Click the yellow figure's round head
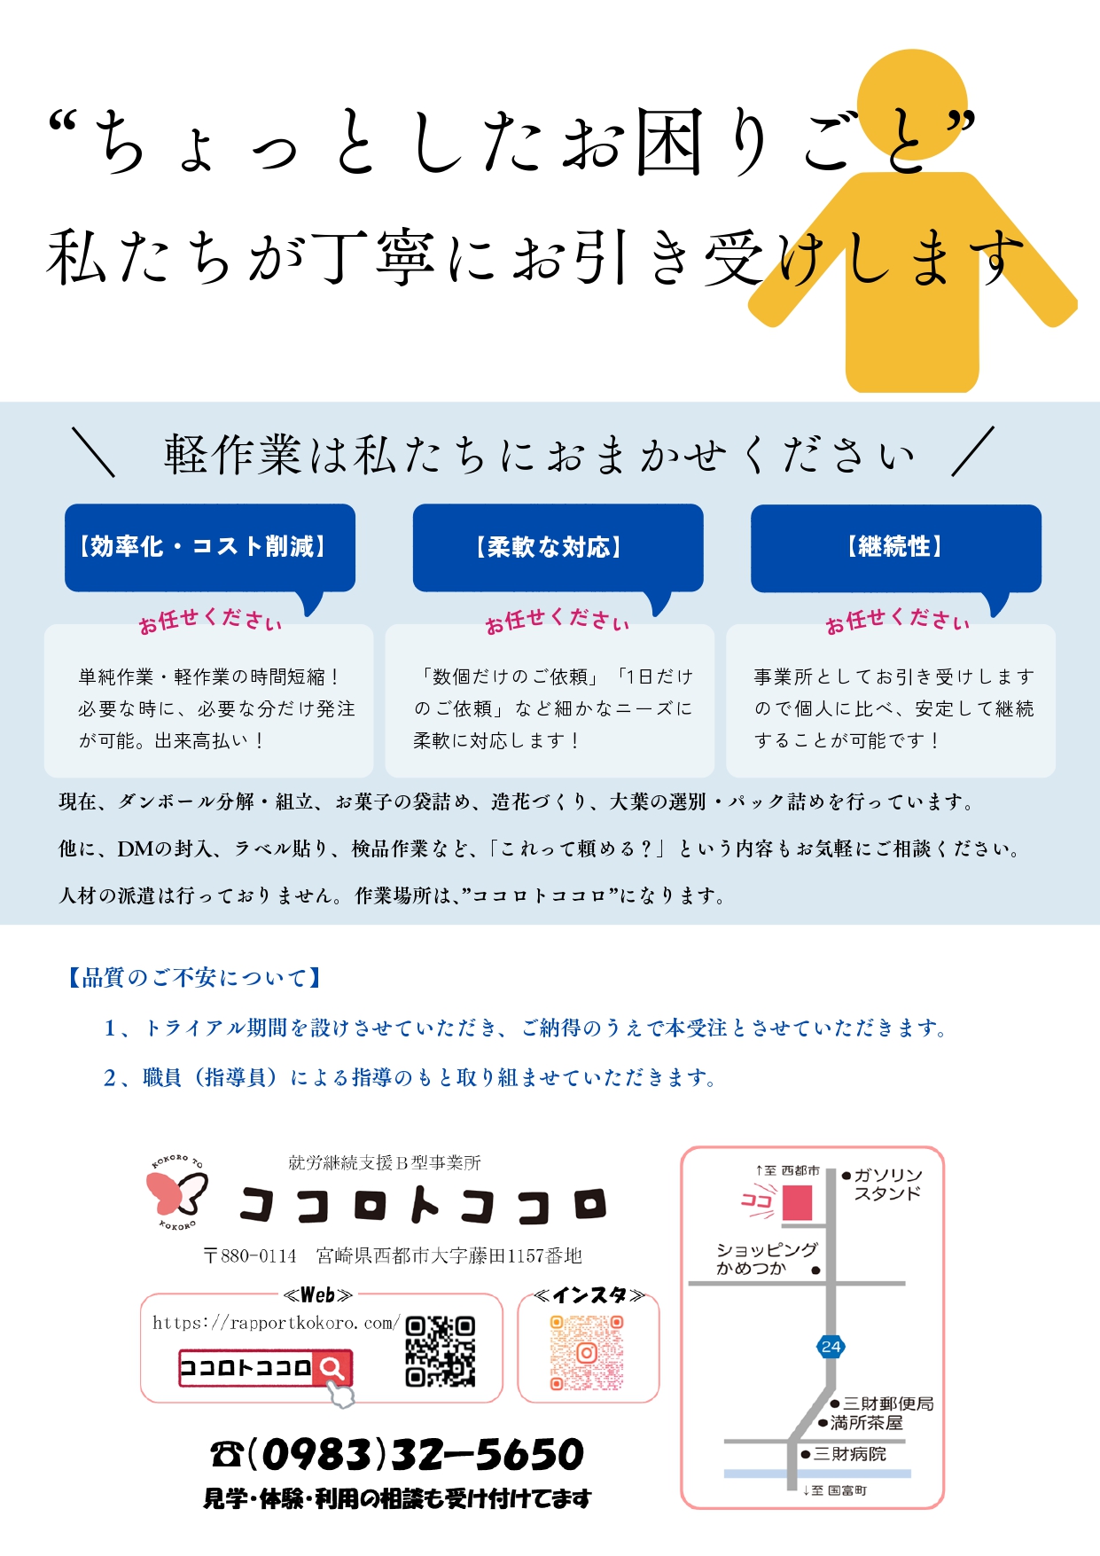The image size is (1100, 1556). point(913,105)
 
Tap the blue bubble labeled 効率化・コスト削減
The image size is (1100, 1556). point(210,548)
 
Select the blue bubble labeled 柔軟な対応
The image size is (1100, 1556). point(558,548)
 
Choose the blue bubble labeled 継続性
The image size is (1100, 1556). point(896,548)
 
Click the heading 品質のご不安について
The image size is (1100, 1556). point(194,978)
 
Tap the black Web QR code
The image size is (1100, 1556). point(441,1351)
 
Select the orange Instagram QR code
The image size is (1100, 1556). point(586,1353)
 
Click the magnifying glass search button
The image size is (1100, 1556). point(332,1368)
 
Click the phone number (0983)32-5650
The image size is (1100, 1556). point(416,1454)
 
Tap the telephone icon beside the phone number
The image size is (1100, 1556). point(227,1454)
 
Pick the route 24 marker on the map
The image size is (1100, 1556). point(831,1347)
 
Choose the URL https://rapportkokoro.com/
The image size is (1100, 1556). point(277,1323)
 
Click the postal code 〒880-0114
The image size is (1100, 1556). point(250,1255)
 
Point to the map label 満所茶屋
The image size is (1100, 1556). point(867,1423)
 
